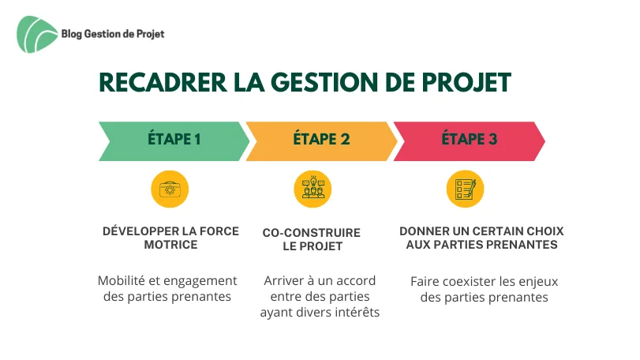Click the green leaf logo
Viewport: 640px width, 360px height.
pyautogui.click(x=36, y=34)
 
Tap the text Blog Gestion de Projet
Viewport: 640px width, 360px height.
pyautogui.click(x=113, y=34)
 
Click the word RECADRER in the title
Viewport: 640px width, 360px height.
pyautogui.click(x=163, y=82)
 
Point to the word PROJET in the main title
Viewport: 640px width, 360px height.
pyautogui.click(x=466, y=82)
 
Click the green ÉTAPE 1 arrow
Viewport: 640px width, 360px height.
pyautogui.click(x=174, y=141)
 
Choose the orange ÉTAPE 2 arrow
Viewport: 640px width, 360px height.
pyautogui.click(x=321, y=141)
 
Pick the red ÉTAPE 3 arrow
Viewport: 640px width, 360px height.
pyautogui.click(x=469, y=141)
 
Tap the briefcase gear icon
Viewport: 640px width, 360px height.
pyautogui.click(x=170, y=189)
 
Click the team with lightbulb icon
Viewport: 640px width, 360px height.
pyautogui.click(x=313, y=189)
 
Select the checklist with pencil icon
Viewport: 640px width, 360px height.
pyautogui.click(x=465, y=189)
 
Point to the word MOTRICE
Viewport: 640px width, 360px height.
pyautogui.click(x=170, y=245)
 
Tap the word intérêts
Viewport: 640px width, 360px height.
pyautogui.click(x=357, y=313)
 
